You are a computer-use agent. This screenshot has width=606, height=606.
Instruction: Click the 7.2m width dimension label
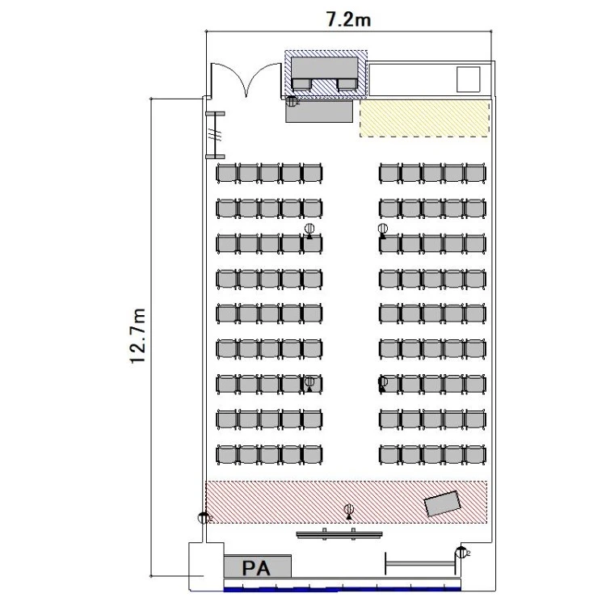[x=348, y=19]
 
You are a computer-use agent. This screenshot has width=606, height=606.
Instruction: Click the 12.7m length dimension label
[x=138, y=336]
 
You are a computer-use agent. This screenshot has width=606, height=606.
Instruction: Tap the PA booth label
[x=256, y=568]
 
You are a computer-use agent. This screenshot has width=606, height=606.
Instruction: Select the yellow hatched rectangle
[x=424, y=118]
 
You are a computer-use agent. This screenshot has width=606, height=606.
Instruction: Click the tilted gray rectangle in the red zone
[x=443, y=503]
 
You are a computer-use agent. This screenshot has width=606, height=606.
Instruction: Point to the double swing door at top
[x=246, y=80]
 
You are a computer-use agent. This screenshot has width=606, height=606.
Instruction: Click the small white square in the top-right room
[x=468, y=79]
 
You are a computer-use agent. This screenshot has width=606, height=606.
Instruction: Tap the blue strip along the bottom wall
[x=342, y=589]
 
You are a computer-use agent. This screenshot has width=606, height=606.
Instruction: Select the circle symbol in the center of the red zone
[x=349, y=511]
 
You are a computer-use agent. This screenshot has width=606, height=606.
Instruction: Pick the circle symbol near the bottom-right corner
[x=461, y=553]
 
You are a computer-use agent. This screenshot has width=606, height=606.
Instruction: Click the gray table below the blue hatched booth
[x=319, y=112]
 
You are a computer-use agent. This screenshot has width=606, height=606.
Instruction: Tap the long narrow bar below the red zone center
[x=339, y=535]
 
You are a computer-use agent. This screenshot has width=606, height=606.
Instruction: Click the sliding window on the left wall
[x=215, y=135]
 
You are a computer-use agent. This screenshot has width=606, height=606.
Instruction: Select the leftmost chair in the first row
[x=226, y=173]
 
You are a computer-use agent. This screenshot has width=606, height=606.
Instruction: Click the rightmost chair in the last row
[x=475, y=454]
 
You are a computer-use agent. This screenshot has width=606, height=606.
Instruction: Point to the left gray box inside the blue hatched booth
[x=301, y=84]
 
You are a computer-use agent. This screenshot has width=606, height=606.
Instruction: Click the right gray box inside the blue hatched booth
[x=347, y=84]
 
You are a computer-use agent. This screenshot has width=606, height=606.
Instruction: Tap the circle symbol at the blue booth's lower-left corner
[x=292, y=101]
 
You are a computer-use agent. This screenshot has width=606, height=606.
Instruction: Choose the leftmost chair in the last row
[x=226, y=454]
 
